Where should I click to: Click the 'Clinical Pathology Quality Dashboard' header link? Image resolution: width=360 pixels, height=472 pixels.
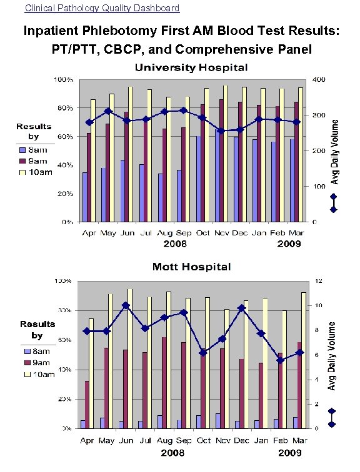(102, 8)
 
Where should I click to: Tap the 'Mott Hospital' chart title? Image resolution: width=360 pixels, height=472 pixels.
(192, 267)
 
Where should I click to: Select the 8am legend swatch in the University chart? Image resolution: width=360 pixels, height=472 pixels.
(23, 150)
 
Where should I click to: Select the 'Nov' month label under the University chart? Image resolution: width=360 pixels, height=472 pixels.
(222, 234)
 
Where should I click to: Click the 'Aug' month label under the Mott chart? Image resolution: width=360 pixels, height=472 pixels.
(164, 441)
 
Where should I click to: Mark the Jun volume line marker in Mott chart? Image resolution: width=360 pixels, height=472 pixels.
(126, 305)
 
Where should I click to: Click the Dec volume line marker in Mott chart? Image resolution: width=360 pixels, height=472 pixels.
(241, 308)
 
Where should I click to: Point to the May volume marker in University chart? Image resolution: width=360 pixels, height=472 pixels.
(108, 111)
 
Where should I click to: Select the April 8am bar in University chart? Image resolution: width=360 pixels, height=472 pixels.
(84, 197)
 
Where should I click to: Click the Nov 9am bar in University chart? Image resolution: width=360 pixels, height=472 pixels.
(222, 160)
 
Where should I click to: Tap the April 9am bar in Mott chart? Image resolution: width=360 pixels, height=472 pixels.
(87, 405)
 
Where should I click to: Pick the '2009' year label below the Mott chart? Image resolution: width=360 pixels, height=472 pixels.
(290, 451)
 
